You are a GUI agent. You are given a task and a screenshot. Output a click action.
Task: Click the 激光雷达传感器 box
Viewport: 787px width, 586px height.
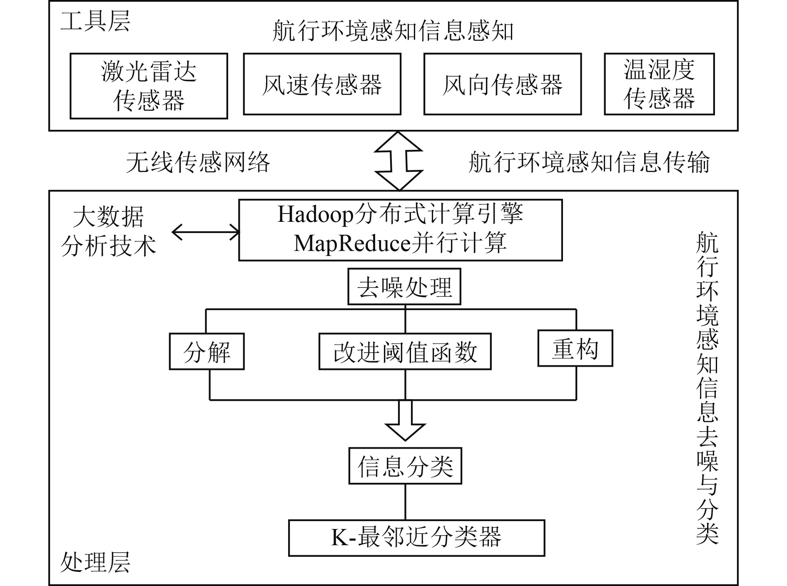click(x=149, y=86)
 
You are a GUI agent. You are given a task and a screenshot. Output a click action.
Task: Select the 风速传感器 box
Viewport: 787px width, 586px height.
click(x=322, y=84)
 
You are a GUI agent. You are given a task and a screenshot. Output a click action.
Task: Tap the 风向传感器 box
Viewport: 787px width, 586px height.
click(x=502, y=84)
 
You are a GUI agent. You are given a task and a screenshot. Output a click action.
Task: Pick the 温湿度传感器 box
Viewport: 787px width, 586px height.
click(x=659, y=84)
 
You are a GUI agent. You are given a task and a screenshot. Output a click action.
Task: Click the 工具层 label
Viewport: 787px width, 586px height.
click(x=95, y=21)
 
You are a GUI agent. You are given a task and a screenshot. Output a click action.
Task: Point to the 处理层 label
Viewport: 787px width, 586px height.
click(x=95, y=562)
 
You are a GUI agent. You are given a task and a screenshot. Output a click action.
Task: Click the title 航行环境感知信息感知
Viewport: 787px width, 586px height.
click(x=393, y=31)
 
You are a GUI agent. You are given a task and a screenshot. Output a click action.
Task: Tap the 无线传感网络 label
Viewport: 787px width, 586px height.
click(x=198, y=162)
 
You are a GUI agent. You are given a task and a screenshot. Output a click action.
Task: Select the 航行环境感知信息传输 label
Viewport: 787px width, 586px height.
click(x=589, y=162)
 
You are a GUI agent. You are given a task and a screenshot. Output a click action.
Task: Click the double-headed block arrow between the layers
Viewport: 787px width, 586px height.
click(x=398, y=161)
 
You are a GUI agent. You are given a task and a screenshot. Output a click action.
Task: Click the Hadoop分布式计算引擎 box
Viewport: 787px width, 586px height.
click(x=400, y=230)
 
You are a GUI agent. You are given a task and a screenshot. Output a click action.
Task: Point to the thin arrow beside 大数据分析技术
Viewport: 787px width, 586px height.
click(x=206, y=232)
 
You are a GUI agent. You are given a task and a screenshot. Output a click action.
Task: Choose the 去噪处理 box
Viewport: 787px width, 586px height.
click(x=404, y=287)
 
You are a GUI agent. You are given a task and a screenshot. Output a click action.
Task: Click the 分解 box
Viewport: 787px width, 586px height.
click(x=207, y=352)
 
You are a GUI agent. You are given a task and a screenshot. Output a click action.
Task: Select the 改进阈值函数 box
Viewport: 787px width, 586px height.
click(x=405, y=352)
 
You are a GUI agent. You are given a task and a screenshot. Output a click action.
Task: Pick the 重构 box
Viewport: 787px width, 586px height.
click(x=575, y=348)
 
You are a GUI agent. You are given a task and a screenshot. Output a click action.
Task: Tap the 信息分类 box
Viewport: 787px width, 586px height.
click(x=405, y=466)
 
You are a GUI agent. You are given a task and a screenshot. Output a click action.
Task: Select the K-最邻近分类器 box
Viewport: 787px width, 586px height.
click(x=416, y=538)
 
